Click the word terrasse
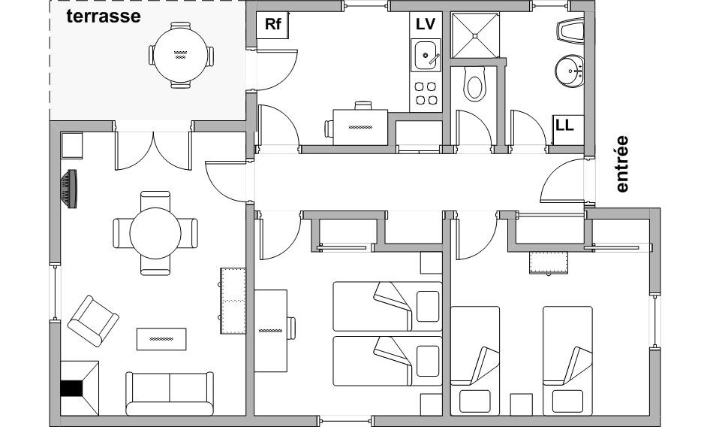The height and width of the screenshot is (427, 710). (104, 17)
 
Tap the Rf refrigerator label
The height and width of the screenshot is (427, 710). (273, 24)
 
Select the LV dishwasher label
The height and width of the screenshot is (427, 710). (426, 24)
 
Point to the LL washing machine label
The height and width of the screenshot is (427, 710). (564, 125)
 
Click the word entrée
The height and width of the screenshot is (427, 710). (622, 164)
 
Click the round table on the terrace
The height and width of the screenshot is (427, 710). (181, 55)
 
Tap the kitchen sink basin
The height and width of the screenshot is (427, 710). (426, 55)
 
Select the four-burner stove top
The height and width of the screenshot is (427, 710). (426, 93)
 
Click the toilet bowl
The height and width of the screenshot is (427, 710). (474, 85)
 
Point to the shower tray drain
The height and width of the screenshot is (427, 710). (474, 35)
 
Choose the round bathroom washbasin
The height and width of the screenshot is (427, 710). (569, 71)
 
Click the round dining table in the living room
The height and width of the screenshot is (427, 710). (155, 233)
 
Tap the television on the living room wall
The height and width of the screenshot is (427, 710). (69, 189)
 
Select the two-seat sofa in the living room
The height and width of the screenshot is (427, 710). (170, 393)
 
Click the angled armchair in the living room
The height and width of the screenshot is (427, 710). (93, 321)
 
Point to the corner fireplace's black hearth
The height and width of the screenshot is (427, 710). (71, 389)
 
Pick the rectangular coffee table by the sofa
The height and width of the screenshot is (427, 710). (161, 339)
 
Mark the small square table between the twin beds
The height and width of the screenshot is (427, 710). (521, 404)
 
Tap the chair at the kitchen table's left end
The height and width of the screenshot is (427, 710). (329, 129)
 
